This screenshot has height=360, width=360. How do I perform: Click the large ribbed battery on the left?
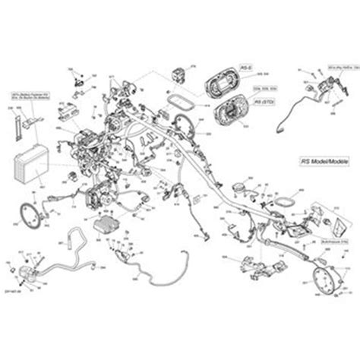coord(30,169)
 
